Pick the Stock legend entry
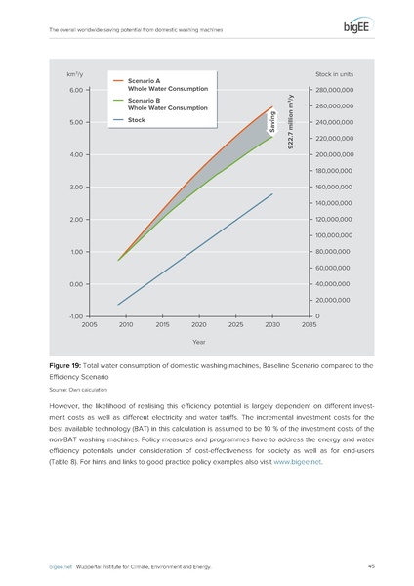140,120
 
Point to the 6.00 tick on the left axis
75,90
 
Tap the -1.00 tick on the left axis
75,316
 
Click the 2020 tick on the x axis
198,324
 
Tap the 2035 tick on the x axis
310,324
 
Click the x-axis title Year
198,342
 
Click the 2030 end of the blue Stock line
272,193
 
